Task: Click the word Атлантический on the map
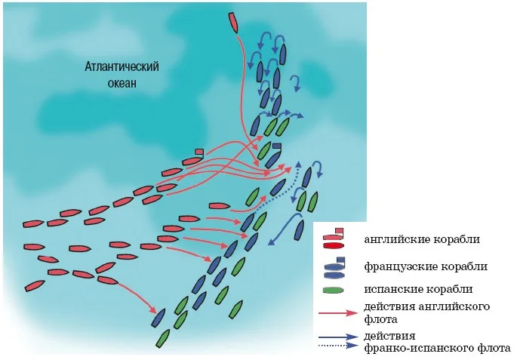[122, 66]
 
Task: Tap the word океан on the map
[122, 82]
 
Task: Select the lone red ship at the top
[233, 23]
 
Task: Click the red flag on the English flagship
[199, 152]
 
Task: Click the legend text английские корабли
[422, 239]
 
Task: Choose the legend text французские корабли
[426, 266]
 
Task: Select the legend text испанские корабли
[418, 289]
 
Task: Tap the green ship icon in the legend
[333, 290]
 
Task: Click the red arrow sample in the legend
[338, 312]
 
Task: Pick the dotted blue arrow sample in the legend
[338, 346]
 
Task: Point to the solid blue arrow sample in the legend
[338, 337]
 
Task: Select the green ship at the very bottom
[163, 338]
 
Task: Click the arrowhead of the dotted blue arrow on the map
[298, 165]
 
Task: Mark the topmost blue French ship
[282, 54]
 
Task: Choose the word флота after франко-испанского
[494, 348]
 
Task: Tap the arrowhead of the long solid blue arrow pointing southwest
[271, 242]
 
